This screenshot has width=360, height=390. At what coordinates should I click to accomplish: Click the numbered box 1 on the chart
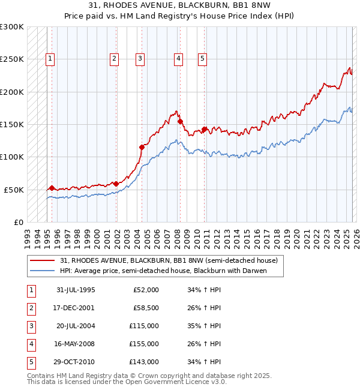coord(49,59)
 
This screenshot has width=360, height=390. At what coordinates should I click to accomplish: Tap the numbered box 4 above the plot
coord(179,59)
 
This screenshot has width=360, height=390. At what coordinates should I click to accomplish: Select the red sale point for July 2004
coord(142,146)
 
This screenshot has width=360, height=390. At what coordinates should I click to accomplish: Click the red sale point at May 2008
coord(180,121)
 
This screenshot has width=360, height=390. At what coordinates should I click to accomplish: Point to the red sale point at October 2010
coord(205,129)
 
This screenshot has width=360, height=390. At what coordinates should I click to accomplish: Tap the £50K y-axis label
coord(14,190)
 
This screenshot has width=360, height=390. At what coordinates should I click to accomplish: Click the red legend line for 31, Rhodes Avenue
coord(43,261)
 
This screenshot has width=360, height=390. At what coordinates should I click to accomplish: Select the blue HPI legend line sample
coord(43,271)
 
